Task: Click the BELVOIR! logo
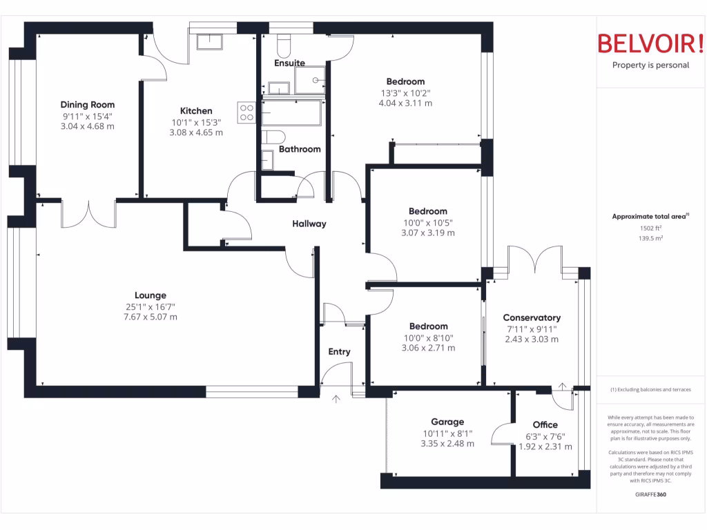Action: pyautogui.click(x=650, y=43)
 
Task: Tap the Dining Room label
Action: pyautogui.click(x=87, y=105)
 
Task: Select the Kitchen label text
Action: pyautogui.click(x=196, y=111)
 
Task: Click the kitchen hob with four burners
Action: pyautogui.click(x=247, y=112)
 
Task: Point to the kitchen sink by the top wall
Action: pyautogui.click(x=209, y=43)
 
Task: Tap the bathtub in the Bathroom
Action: pyautogui.click(x=291, y=112)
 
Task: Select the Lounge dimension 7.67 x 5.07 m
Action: pyautogui.click(x=151, y=317)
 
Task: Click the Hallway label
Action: pyautogui.click(x=309, y=224)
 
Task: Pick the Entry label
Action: pyautogui.click(x=339, y=352)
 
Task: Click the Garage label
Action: pyautogui.click(x=447, y=422)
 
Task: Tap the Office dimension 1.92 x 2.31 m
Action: pyautogui.click(x=545, y=446)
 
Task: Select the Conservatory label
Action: pyautogui.click(x=532, y=318)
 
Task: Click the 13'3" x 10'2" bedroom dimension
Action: pyautogui.click(x=405, y=93)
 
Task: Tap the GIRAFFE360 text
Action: pyautogui.click(x=650, y=494)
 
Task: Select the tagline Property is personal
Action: pyautogui.click(x=650, y=66)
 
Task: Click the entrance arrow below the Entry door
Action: pyautogui.click(x=336, y=398)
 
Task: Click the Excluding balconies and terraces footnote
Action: pyautogui.click(x=650, y=390)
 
